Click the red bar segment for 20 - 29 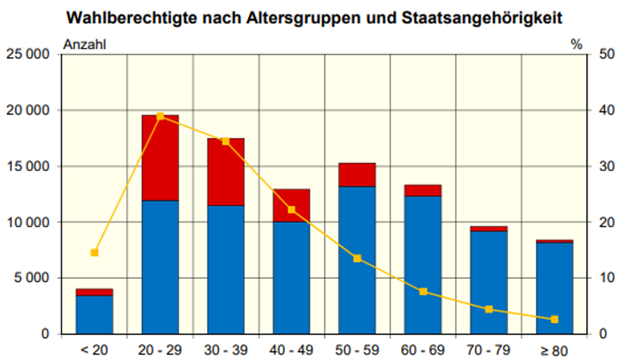tap(161, 158)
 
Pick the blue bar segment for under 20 tap(95, 315)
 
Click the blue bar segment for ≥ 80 tap(554, 288)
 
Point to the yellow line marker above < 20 tap(95, 253)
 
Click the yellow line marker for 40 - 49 tap(292, 210)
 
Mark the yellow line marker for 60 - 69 tap(423, 292)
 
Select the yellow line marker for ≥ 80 tap(555, 320)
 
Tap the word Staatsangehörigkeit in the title tap(481, 18)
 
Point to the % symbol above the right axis tap(576, 44)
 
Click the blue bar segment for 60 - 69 tap(423, 265)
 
